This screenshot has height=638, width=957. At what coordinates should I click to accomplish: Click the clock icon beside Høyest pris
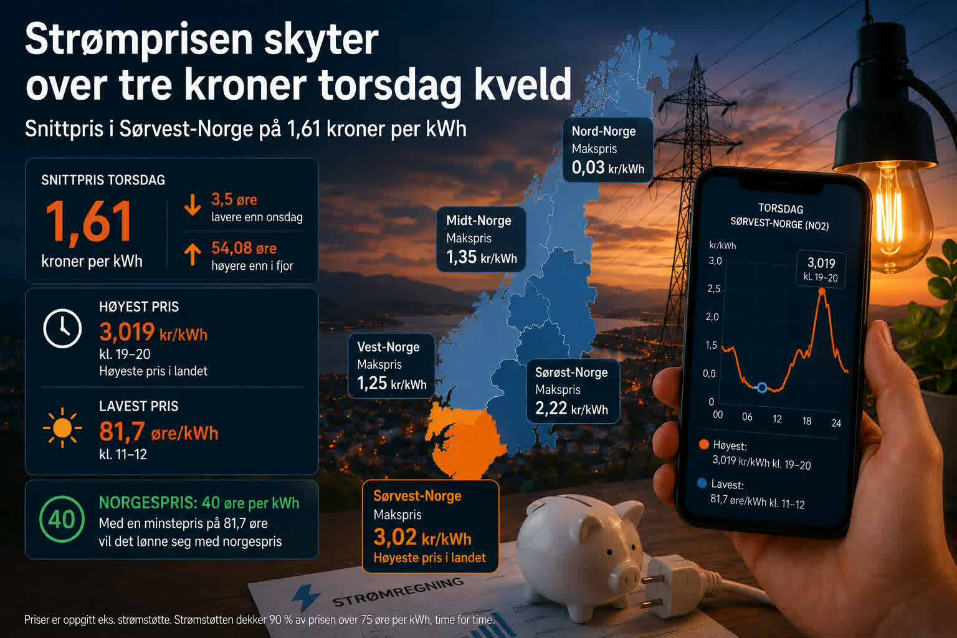point(62,328)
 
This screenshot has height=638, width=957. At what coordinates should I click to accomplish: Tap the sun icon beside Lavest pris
point(62,428)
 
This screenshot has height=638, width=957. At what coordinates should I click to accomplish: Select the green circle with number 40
point(62,519)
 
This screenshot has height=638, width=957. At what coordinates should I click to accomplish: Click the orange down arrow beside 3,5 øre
point(193,205)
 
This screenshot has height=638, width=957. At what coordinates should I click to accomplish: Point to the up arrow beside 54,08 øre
point(193,255)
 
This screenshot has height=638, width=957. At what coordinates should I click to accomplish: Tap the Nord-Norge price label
point(608,150)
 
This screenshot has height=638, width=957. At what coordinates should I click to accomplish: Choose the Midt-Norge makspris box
point(481,239)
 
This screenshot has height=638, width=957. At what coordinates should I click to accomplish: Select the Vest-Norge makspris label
point(391,366)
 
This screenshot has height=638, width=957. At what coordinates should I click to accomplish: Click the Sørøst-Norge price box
point(573,391)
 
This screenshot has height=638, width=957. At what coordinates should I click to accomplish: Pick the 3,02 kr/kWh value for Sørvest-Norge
point(422,537)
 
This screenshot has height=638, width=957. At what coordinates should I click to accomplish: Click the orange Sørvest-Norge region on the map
point(465,440)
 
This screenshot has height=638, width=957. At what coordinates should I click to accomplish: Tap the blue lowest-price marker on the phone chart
point(762,388)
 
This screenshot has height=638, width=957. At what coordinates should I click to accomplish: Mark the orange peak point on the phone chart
point(822,292)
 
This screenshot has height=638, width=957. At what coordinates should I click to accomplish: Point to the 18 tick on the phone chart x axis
point(807,421)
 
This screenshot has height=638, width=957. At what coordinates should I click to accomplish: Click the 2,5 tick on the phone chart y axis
point(713,289)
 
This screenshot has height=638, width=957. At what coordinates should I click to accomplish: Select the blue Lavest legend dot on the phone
point(702,483)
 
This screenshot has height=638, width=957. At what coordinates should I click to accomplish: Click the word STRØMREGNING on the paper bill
point(398,593)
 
